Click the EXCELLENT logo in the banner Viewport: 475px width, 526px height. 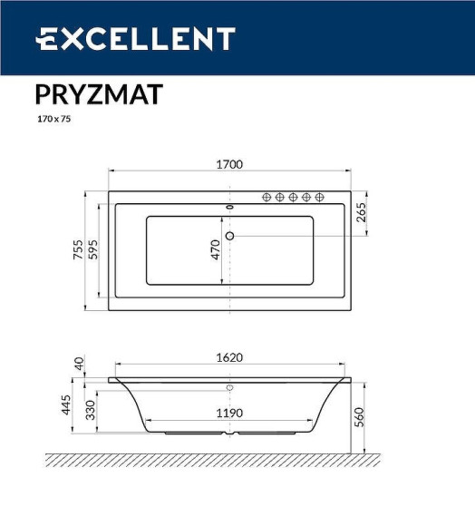point(136,39)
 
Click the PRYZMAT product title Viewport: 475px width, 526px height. point(99,95)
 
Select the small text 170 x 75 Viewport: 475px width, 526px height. point(53,119)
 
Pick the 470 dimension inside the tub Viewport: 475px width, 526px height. point(216,250)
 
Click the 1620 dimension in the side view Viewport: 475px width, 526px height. point(229,357)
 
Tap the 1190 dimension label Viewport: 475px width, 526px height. point(229,413)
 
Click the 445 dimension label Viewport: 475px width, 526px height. point(65,405)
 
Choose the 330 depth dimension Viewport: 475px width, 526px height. point(90,411)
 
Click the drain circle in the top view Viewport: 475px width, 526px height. point(229,237)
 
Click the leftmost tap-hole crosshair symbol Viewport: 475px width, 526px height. point(267,197)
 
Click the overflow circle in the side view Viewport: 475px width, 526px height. point(229,388)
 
